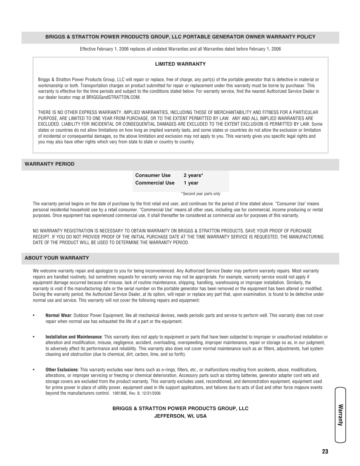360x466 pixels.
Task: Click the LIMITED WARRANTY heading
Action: pyautogui.click(x=180, y=64)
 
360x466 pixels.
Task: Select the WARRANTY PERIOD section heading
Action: pyautogui.click(x=49, y=164)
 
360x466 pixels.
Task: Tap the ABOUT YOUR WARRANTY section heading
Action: pyautogui.click(x=57, y=258)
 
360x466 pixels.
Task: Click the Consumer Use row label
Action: pyautogui.click(x=153, y=175)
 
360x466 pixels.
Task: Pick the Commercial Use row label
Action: pyautogui.click(x=155, y=183)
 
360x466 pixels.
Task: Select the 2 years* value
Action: pyautogui.click(x=193, y=175)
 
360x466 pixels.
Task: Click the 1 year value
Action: pyautogui.click(x=191, y=183)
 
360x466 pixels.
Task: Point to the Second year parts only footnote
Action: pyautogui.click(x=200, y=194)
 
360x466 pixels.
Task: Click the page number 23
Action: pyautogui.click(x=325, y=452)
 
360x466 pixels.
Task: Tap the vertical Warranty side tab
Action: pyautogui.click(x=340, y=415)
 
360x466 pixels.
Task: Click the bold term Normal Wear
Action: pyautogui.click(x=58, y=315)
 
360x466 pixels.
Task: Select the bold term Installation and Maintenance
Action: pyautogui.click(x=74, y=337)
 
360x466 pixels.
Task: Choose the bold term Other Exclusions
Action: pyautogui.click(x=62, y=370)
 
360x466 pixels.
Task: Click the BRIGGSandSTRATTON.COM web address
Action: pyautogui.click(x=113, y=97)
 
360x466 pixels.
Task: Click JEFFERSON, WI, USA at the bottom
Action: pyautogui.click(x=180, y=416)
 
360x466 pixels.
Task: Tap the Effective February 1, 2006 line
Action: pyautogui.click(x=180, y=49)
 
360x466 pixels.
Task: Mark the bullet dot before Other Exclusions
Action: pyautogui.click(x=34, y=370)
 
